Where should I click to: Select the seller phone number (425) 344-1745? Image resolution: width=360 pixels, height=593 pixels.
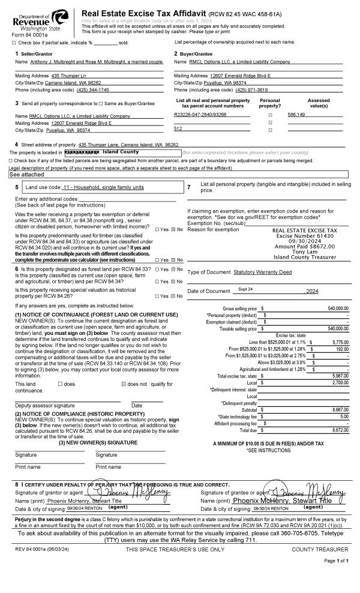(93, 89)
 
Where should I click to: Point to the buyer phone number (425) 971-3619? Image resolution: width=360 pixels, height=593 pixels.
(251, 89)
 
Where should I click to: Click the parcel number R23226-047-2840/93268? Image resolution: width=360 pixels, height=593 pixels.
(200, 115)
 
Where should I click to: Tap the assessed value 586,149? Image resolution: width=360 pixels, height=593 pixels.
(296, 115)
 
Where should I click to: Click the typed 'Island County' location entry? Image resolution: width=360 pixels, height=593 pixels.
(121, 152)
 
